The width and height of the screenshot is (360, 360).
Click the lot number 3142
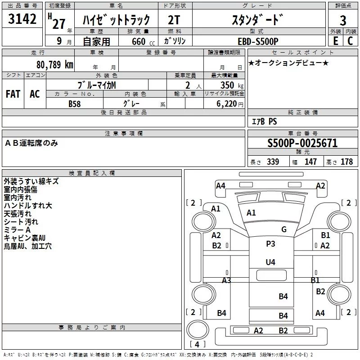(22, 19)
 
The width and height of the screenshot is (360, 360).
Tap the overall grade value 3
(343, 21)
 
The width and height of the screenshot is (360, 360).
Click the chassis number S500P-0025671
(302, 144)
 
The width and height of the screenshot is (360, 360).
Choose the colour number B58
(75, 103)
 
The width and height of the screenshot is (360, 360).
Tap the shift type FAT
(13, 94)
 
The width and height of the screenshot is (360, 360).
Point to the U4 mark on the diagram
(270, 262)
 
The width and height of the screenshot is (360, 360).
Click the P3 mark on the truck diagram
(270, 243)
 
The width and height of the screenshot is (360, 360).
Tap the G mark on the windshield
(284, 229)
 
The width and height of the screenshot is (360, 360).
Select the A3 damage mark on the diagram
(226, 280)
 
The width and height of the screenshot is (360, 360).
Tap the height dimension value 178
(346, 162)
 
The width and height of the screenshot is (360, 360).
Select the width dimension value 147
(310, 162)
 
